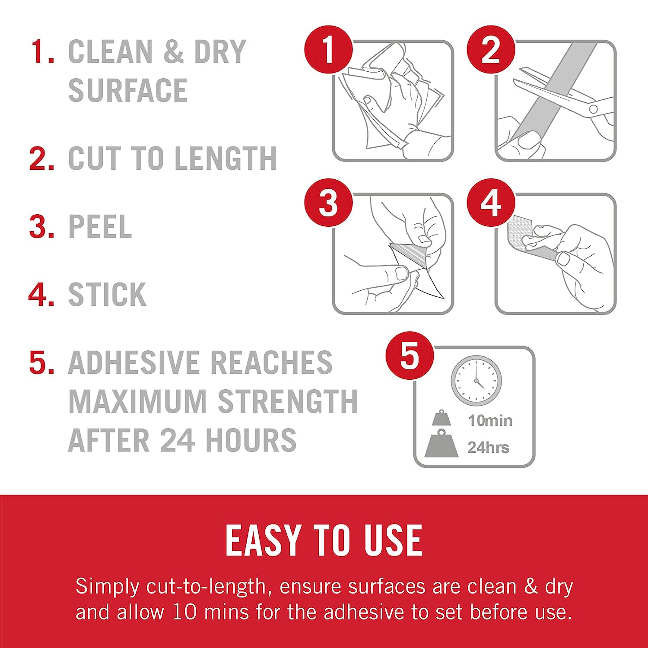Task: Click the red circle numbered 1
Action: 329,50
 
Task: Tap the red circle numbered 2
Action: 491,50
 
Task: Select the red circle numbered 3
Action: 329,202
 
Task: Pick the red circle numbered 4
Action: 491,202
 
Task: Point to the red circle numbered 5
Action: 410,356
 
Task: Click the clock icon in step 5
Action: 476,381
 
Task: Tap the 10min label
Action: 490,420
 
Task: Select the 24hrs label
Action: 489,448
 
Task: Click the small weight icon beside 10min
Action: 441,418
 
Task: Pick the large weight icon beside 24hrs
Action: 441,444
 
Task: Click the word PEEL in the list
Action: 100,226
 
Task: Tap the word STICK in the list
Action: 107,294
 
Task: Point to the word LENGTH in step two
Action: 225,158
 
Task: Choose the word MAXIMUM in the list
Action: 138,401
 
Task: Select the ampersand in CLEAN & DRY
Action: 174,51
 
